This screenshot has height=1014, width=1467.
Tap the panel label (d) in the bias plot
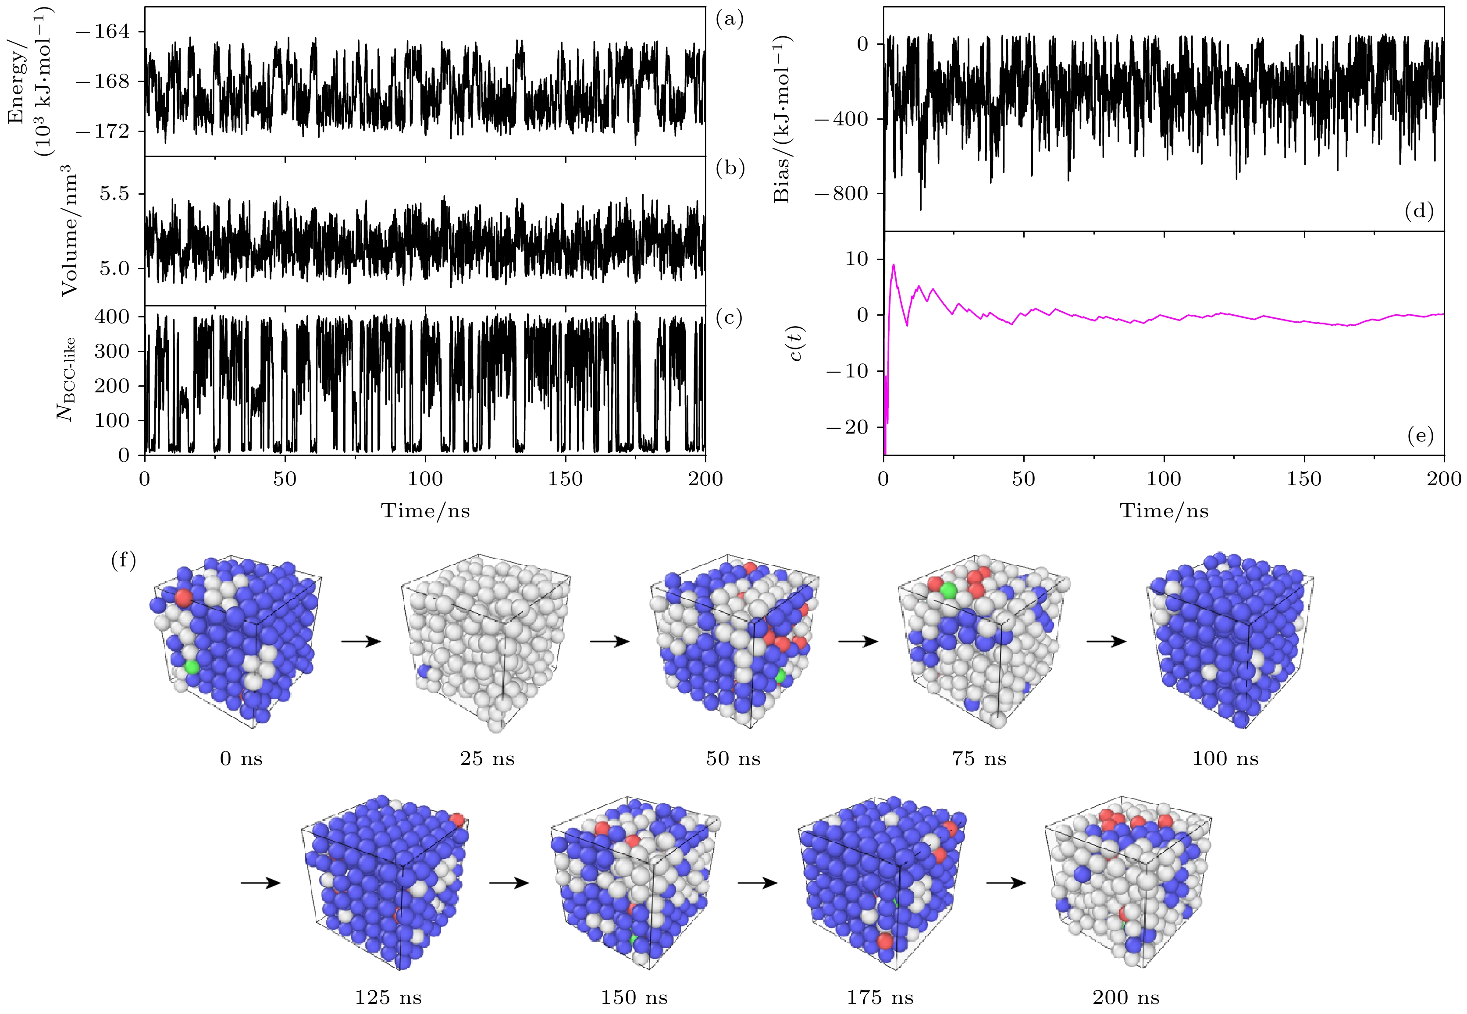point(1419,211)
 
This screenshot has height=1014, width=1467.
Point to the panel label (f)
point(123,560)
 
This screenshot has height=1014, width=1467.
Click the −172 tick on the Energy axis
point(102,132)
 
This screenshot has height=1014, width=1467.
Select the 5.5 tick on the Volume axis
point(114,194)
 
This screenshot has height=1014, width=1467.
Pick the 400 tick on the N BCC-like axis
point(112,317)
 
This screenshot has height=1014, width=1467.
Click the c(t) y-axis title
point(797,343)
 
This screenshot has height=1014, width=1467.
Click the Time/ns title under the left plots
point(425,511)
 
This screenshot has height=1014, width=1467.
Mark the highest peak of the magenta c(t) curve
point(894,265)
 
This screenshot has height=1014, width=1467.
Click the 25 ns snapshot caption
point(487,758)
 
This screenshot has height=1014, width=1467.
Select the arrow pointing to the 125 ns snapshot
point(260,883)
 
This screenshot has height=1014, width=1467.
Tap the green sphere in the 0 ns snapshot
point(191,667)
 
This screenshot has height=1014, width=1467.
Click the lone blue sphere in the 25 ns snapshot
point(424,671)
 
